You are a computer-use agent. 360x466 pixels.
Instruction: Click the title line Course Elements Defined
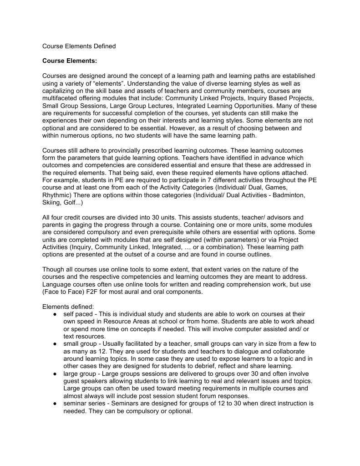(x=79, y=46)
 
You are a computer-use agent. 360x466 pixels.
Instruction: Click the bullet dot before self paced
(x=54, y=314)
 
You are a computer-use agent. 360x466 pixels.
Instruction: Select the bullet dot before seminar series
(x=54, y=404)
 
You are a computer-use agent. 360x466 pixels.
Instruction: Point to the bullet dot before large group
(x=54, y=374)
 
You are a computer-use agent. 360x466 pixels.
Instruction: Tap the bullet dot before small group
(x=54, y=344)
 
